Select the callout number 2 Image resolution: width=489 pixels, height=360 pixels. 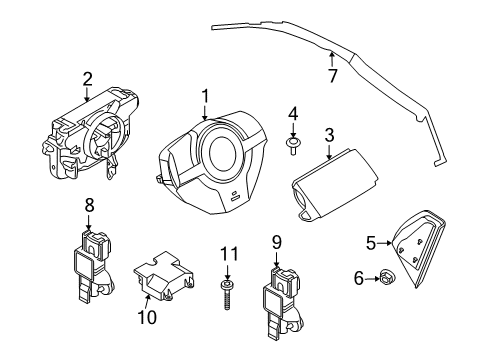[x=87, y=78]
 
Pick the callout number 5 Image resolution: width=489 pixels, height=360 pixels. [x=369, y=241]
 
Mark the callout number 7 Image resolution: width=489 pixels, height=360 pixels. [x=333, y=74]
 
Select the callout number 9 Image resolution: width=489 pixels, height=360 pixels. [x=276, y=241]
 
